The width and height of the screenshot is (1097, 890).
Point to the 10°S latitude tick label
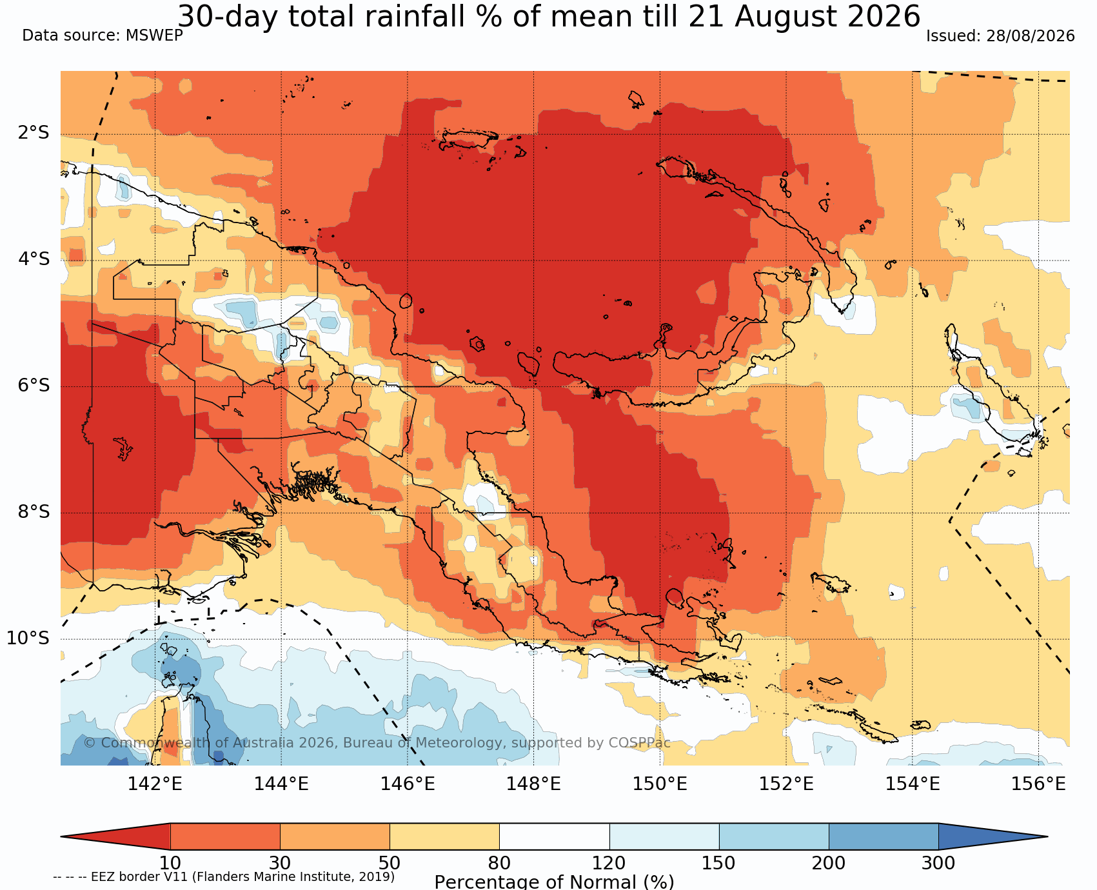(x=28, y=638)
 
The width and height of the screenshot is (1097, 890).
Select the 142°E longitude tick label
(x=155, y=784)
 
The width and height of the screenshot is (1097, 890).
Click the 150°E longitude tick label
(x=660, y=784)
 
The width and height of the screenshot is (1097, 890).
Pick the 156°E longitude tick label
(x=1038, y=784)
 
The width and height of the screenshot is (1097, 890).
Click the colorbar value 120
(x=609, y=863)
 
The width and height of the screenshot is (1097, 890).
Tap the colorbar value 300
(x=938, y=863)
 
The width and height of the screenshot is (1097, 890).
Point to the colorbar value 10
(x=170, y=863)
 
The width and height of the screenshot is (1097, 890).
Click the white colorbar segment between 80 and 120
(x=555, y=836)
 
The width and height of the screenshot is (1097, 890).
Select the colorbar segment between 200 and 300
(x=884, y=836)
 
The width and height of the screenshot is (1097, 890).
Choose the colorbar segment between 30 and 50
(x=335, y=836)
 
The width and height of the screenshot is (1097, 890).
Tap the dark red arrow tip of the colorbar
(x=63, y=836)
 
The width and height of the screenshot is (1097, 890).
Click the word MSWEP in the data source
(x=154, y=35)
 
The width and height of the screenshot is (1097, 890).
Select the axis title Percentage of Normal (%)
(x=554, y=882)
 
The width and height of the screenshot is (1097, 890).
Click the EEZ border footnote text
(x=224, y=876)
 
